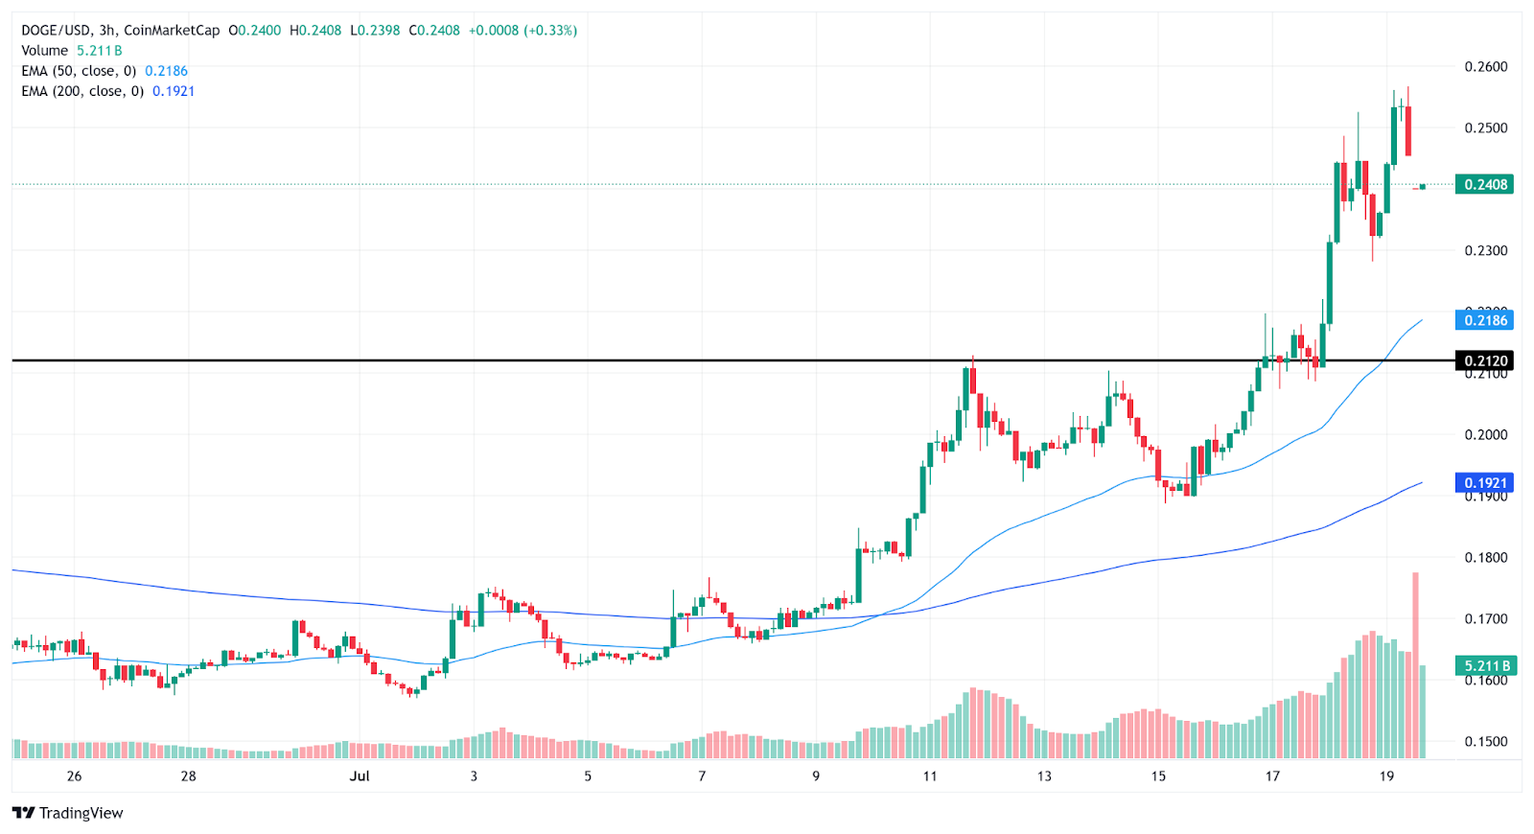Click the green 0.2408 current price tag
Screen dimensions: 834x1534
(x=1484, y=184)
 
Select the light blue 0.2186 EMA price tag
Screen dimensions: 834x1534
(x=1484, y=320)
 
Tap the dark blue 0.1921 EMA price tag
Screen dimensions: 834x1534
(x=1484, y=483)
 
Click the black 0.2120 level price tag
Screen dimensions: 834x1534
(x=1484, y=360)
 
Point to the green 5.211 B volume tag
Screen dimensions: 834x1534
(x=1484, y=665)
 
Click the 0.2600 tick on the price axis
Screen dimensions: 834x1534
(x=1485, y=67)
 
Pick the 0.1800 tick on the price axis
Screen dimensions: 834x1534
(x=1485, y=558)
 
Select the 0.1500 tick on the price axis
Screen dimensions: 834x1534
(x=1485, y=742)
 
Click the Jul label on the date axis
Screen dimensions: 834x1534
(x=360, y=776)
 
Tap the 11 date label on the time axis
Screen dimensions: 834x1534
(x=930, y=776)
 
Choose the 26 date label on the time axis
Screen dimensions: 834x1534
(x=75, y=776)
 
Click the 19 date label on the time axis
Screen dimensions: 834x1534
(x=1386, y=776)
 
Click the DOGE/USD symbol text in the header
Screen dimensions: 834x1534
(x=56, y=31)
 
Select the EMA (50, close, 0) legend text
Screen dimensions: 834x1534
(x=79, y=71)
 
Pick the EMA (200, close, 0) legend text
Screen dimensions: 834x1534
(x=82, y=91)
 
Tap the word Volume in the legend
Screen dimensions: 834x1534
(x=45, y=51)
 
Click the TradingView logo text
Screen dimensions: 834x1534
(x=81, y=814)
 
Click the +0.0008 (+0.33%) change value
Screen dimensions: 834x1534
(x=523, y=31)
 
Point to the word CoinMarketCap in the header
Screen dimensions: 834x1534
(x=172, y=31)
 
